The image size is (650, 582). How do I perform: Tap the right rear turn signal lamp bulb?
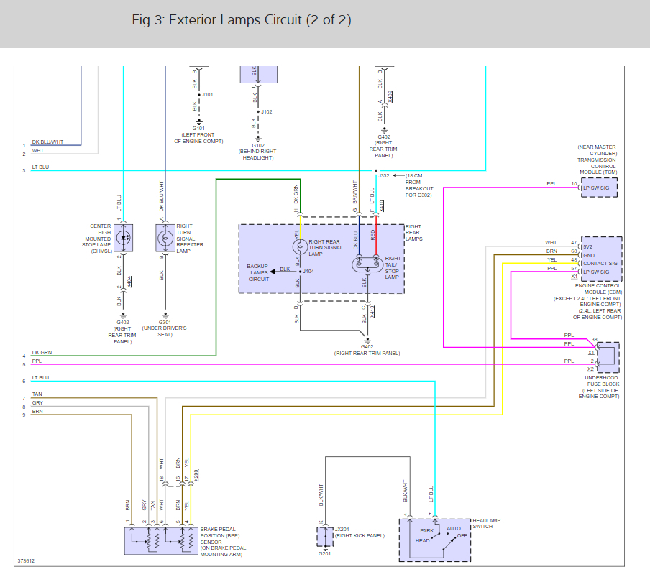pyautogui.click(x=298, y=246)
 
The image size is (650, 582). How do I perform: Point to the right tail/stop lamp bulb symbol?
pyautogui.click(x=365, y=264)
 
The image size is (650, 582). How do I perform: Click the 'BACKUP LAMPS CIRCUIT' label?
pyautogui.click(x=257, y=272)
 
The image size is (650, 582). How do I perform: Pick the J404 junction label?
pyautogui.click(x=308, y=272)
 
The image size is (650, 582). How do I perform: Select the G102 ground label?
pyautogui.click(x=257, y=146)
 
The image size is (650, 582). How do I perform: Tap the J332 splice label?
pyautogui.click(x=384, y=175)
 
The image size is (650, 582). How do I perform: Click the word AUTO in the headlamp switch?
pyautogui.click(x=454, y=528)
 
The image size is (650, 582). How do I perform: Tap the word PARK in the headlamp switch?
pyautogui.click(x=426, y=531)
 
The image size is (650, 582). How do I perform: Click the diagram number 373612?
pyautogui.click(x=27, y=561)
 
